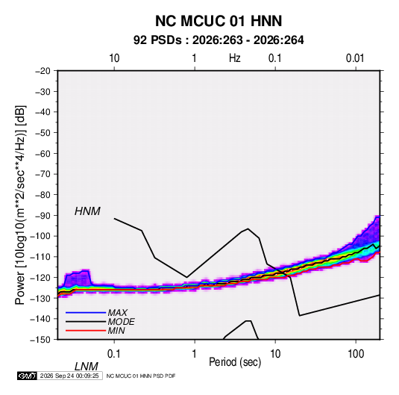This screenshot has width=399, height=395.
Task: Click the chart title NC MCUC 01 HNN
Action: pos(219,21)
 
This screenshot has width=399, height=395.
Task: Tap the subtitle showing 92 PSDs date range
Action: pos(219,40)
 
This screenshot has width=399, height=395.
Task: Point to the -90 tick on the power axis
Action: pos(43,215)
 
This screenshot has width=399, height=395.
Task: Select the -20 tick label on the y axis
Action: pos(43,71)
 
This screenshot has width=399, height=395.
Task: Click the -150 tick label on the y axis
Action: pos(40,340)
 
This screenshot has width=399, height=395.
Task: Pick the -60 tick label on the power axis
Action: pos(43,153)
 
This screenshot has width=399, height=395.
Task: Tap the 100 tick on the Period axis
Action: pos(356,354)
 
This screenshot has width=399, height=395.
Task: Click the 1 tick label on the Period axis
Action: pos(195,354)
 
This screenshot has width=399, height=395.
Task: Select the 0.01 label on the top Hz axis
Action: pos(355,58)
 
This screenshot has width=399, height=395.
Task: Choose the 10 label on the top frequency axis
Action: pos(114,58)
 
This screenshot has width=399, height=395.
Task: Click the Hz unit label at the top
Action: pos(234,58)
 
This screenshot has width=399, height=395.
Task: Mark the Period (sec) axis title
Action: pos(235,362)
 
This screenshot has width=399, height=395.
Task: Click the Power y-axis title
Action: pos(20,205)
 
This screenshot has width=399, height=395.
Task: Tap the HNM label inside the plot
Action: pos(87,211)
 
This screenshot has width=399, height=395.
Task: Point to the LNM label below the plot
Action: pos(87,367)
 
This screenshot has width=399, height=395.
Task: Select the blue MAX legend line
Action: pos(86,313)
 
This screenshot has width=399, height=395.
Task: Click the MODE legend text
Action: pos(121,322)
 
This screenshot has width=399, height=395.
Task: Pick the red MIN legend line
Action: pos(86,331)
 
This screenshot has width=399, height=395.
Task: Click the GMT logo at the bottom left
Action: pos(27,376)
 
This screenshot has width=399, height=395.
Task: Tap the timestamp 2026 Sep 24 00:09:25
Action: pos(69,376)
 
